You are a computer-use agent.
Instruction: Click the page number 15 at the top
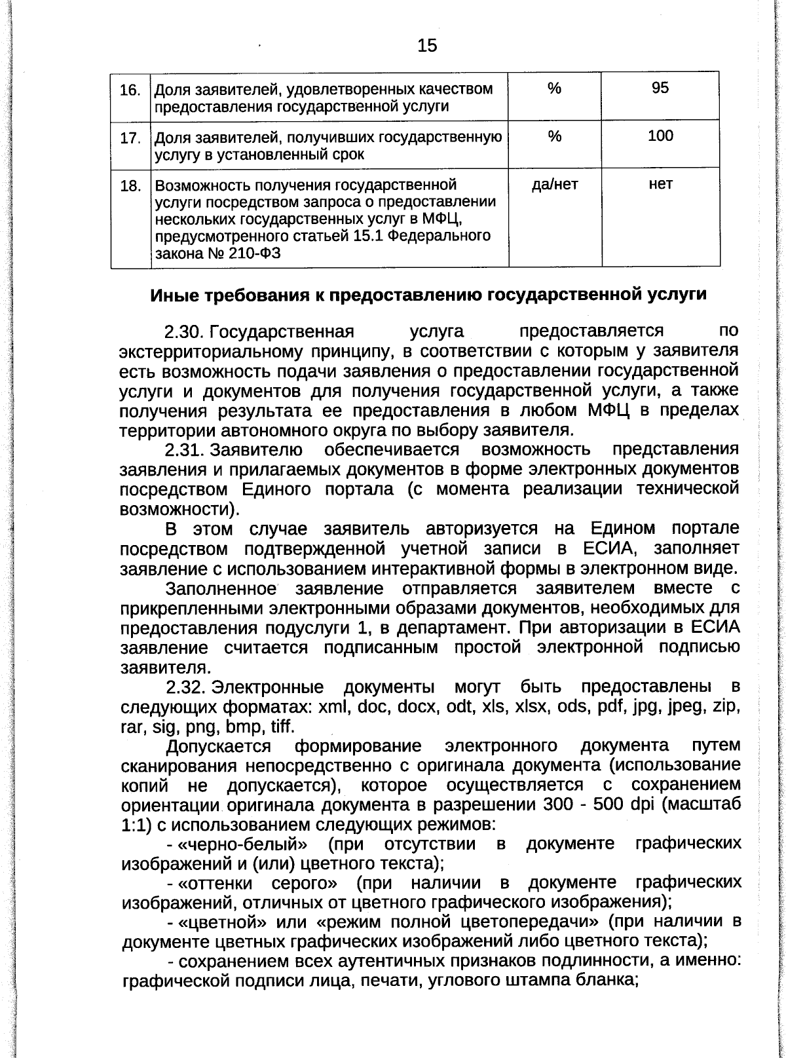coord(426,45)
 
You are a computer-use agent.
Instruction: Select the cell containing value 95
coord(660,88)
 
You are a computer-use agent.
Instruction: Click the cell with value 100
coord(660,136)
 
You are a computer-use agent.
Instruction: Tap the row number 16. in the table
coord(130,90)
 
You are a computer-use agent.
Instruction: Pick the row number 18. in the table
coord(130,186)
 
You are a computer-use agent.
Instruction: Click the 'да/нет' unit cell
coord(554,185)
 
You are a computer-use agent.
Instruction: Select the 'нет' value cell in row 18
coord(660,185)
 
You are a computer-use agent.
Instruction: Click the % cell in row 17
coord(554,136)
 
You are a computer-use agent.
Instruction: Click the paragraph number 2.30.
coord(186,331)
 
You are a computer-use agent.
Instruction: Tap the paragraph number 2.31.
coord(185,450)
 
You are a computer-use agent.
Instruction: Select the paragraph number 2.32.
coord(186,687)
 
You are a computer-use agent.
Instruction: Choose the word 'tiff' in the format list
coord(281,727)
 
